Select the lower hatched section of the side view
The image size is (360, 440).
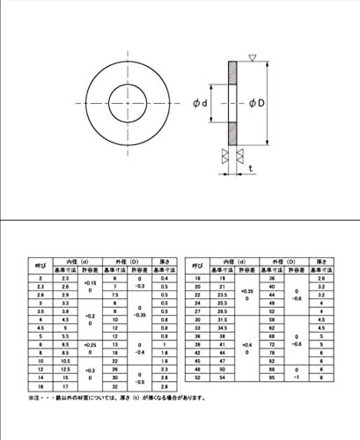232,133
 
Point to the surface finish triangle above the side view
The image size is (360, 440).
252,58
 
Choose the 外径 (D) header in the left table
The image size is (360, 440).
126,261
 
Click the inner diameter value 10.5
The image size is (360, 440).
65,361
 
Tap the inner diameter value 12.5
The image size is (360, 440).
65,370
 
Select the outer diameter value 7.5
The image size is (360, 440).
114,295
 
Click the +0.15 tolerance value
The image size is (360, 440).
89,282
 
